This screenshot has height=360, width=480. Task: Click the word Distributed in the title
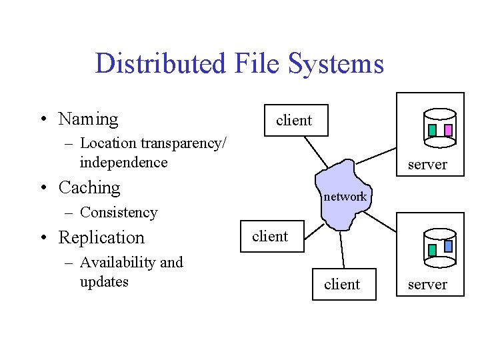point(161,64)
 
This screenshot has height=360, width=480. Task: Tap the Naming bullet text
point(88,119)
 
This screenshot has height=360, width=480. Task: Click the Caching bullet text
point(89,188)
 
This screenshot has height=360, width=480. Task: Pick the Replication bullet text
point(101,237)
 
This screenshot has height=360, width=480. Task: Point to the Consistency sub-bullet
point(118,213)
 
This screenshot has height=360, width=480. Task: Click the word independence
point(123,163)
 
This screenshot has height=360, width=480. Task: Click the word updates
point(104,282)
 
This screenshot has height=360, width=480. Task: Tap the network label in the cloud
point(345,197)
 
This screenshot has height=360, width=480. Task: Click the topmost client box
point(294,121)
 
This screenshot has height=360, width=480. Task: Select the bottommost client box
point(341,285)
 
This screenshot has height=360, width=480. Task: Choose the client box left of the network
point(270,237)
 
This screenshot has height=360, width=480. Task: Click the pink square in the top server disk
point(448,130)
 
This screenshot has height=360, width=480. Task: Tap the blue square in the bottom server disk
point(448,246)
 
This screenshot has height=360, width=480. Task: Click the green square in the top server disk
point(432,130)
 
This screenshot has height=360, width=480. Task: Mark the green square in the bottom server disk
point(432,250)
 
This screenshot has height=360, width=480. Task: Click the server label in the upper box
point(427,165)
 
